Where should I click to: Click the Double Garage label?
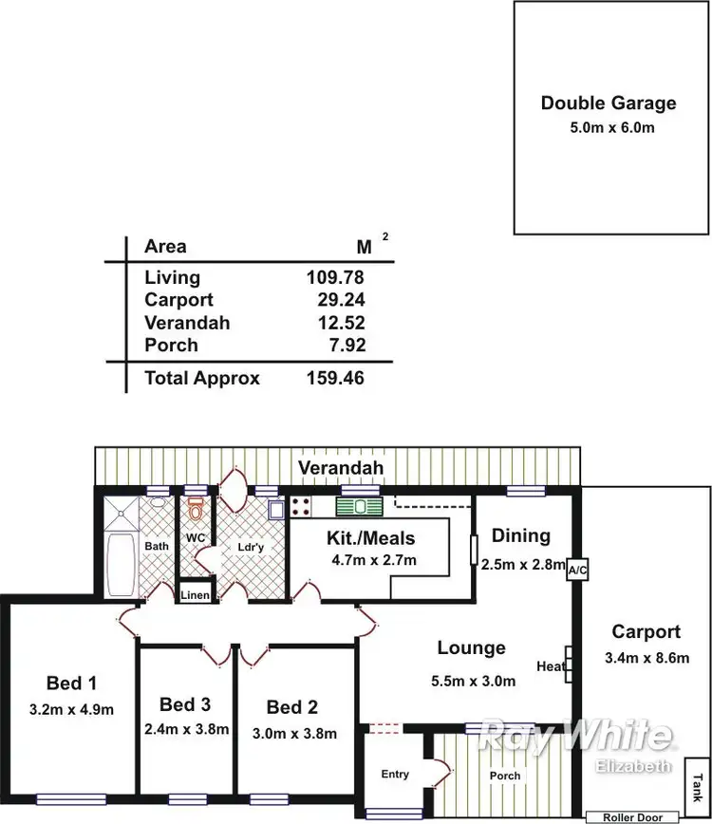pyautogui.click(x=609, y=103)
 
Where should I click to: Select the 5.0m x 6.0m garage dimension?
pyautogui.click(x=609, y=127)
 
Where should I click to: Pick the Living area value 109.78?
pyautogui.click(x=335, y=277)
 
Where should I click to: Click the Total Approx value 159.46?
pyautogui.click(x=335, y=378)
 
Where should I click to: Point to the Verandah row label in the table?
pyautogui.click(x=187, y=323)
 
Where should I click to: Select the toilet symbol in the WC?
pyautogui.click(x=196, y=512)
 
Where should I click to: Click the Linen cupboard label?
pyautogui.click(x=196, y=595)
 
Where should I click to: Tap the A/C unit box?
pyautogui.click(x=576, y=571)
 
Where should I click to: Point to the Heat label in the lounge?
pyautogui.click(x=550, y=666)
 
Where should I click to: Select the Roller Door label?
pyautogui.click(x=631, y=816)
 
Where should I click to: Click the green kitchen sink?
pyautogui.click(x=358, y=507)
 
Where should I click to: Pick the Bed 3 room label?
pyautogui.click(x=185, y=704)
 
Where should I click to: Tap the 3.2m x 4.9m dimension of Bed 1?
pyautogui.click(x=72, y=708)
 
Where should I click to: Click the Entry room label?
pyautogui.click(x=395, y=774)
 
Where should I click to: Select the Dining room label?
pyautogui.click(x=520, y=535)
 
